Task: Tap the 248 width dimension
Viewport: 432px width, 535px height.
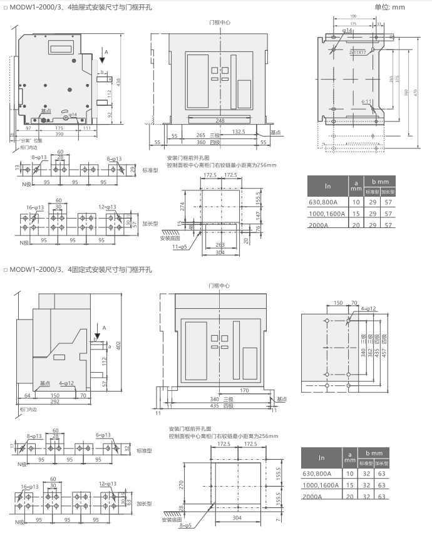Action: tap(220, 120)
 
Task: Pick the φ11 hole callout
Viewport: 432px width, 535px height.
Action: tap(368, 101)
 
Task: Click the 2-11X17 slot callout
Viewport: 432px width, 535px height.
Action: tap(358, 53)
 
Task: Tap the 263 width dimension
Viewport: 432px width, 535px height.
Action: tap(219, 245)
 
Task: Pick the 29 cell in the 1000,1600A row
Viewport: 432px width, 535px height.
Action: tap(373, 214)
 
